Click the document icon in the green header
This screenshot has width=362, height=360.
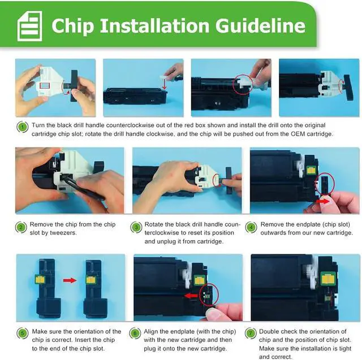[x=30, y=26]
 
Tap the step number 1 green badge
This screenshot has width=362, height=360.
[x=23, y=127]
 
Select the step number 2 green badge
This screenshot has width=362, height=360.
[x=21, y=227]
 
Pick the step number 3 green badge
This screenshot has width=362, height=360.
[x=136, y=227]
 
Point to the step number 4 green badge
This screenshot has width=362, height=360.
[x=251, y=227]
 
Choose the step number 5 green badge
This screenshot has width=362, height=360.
[x=23, y=333]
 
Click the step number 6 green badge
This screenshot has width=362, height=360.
[x=135, y=333]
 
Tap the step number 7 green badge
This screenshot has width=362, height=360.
[x=251, y=333]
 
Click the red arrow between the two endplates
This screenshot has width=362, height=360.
[x=70, y=280]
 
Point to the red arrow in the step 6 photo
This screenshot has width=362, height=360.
[x=191, y=296]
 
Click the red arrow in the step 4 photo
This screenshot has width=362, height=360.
[x=323, y=201]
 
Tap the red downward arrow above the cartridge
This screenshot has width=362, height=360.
[x=165, y=84]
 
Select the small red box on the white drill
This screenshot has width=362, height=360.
[x=45, y=85]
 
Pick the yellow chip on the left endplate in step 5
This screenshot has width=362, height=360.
[x=40, y=280]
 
